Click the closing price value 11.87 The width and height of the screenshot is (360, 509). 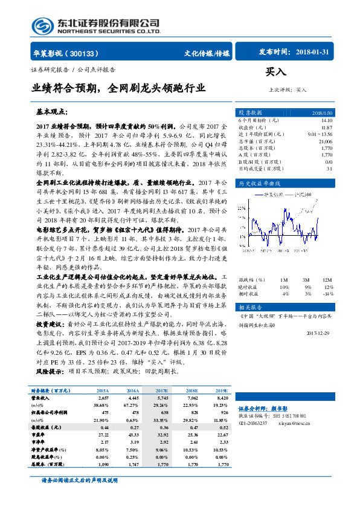point(327,128)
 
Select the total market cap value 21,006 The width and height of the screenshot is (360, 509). point(324,141)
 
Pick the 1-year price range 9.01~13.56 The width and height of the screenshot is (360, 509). point(320,134)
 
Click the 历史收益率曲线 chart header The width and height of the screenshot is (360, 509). point(260,183)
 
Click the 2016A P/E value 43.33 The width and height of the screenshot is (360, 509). point(133,435)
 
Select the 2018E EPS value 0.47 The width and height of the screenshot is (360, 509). point(193,427)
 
